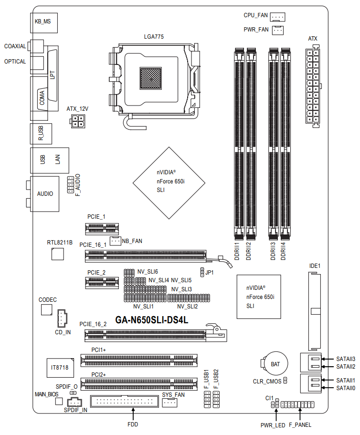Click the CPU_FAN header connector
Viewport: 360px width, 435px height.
click(277, 17)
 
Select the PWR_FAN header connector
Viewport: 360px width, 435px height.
click(277, 30)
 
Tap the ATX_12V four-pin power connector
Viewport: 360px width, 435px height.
click(78, 121)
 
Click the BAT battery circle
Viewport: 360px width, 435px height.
click(275, 364)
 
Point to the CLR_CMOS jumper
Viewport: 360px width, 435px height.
click(285, 381)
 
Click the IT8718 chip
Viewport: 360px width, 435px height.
click(60, 368)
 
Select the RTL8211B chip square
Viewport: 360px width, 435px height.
click(58, 254)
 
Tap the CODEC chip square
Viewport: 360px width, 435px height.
click(47, 309)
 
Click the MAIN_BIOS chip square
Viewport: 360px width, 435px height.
click(59, 401)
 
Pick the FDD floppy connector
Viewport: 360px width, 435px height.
click(125, 401)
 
